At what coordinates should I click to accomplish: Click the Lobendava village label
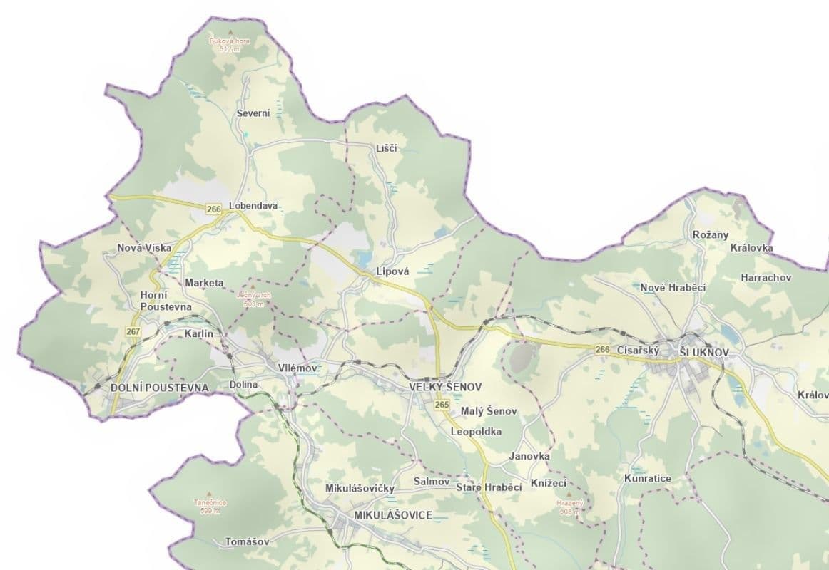pyautogui.click(x=253, y=207)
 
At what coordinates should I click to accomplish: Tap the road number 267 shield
pyautogui.click(x=133, y=332)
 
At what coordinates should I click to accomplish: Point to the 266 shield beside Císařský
pyautogui.click(x=602, y=349)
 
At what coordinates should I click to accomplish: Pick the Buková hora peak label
pyautogui.click(x=229, y=44)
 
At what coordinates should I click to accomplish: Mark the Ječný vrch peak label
pyautogui.click(x=250, y=299)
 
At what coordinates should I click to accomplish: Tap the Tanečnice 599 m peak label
pyautogui.click(x=208, y=506)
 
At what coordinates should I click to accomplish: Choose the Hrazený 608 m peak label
pyautogui.click(x=570, y=507)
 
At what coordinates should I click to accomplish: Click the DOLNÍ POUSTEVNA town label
pyautogui.click(x=160, y=388)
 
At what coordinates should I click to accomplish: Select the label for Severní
pyautogui.click(x=253, y=114)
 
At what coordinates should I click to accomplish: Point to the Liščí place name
pyautogui.click(x=386, y=148)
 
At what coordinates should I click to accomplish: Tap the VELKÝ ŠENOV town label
pyautogui.click(x=445, y=387)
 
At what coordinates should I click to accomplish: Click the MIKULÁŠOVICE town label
pyautogui.click(x=392, y=514)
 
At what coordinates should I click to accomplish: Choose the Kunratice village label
pyautogui.click(x=647, y=478)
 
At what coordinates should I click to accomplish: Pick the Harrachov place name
pyautogui.click(x=766, y=277)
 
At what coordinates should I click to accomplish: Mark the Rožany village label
pyautogui.click(x=710, y=234)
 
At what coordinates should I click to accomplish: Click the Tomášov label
pyautogui.click(x=247, y=541)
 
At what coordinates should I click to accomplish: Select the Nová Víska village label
pyautogui.click(x=144, y=248)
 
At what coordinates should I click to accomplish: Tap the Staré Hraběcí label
pyautogui.click(x=489, y=487)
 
